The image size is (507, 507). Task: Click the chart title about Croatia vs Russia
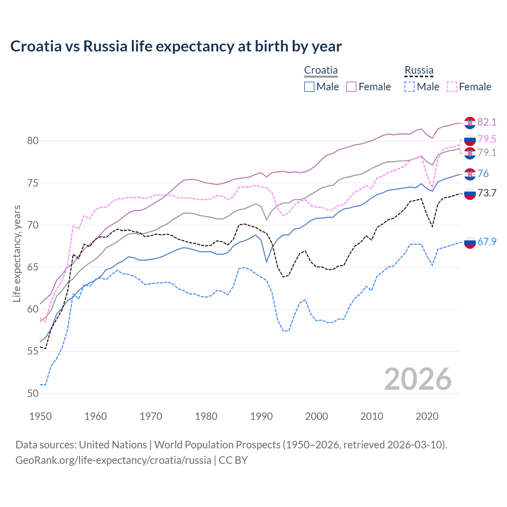coord(176,46)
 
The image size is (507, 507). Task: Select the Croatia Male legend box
coord(309,87)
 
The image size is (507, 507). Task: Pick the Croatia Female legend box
coord(351,87)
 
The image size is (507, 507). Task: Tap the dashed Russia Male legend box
coord(410,87)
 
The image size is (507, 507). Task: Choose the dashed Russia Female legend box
coord(452,87)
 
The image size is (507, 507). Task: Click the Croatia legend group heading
coord(321,71)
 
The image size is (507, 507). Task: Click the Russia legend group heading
coord(419,71)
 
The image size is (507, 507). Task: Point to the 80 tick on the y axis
coord(33,141)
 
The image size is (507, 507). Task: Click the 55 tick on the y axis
coord(33,351)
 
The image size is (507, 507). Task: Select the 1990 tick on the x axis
coord(261,416)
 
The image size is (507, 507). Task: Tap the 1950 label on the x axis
coord(40,416)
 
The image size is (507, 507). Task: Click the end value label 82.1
coord(487,122)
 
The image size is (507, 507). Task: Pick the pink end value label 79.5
coord(487,139)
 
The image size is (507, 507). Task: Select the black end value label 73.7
coord(487,193)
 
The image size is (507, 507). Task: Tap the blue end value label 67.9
coord(487,242)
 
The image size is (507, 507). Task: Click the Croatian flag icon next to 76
coord(470,174)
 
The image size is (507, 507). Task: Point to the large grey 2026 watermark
coord(418,379)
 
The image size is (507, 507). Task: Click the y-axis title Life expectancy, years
coord(17,253)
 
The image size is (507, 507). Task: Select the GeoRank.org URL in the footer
coord(113,460)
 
